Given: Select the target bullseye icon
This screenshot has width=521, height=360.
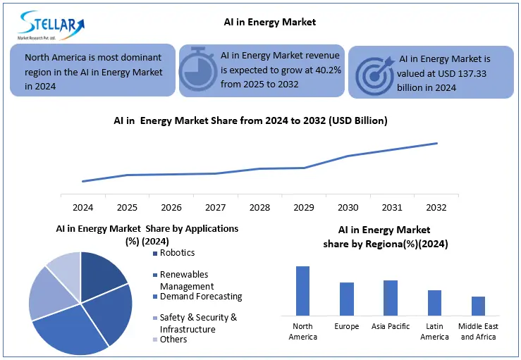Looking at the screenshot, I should [373, 74].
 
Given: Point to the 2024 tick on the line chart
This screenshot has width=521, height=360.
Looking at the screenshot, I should [82, 207].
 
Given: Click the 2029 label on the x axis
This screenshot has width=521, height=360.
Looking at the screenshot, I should [304, 207].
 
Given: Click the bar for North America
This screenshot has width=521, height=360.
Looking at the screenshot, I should [302, 290].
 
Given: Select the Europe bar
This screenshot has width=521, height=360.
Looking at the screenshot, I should [347, 299].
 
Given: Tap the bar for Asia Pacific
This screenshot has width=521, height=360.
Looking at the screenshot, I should [391, 297].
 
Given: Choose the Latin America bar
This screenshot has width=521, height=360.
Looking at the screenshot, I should [434, 302].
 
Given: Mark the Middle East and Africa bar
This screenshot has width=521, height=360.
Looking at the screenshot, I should [478, 306].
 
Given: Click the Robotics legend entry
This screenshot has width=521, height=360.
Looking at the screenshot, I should [177, 253].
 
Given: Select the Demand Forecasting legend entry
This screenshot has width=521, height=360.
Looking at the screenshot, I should [200, 297].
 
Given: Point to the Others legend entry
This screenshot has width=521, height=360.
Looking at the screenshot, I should [173, 340].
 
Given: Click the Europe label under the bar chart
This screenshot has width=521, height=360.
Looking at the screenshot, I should [346, 326].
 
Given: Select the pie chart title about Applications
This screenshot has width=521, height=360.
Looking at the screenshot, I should [147, 234].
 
